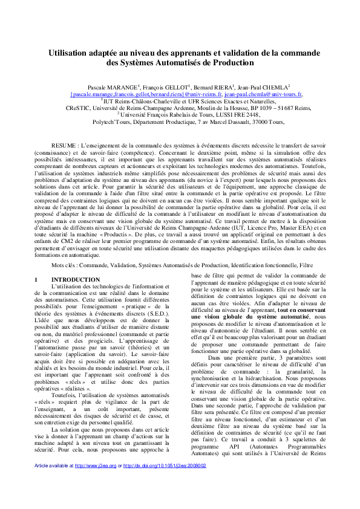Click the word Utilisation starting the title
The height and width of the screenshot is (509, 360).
pos(71,53)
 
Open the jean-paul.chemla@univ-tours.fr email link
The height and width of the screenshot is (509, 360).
pos(263,95)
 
